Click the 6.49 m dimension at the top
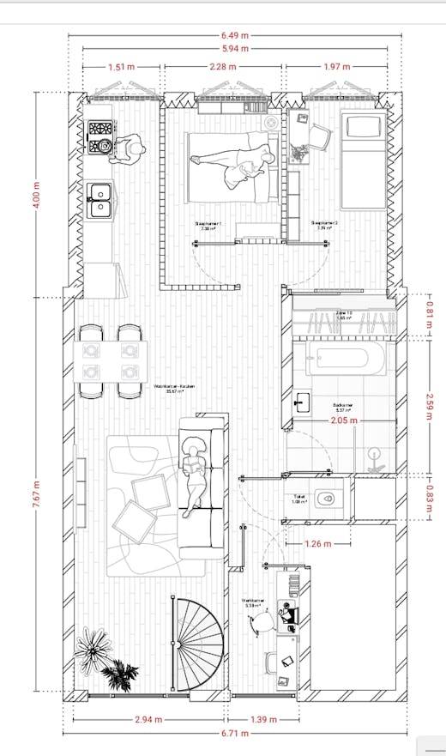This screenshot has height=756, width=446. (233, 35)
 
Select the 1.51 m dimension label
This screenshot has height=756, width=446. (121, 66)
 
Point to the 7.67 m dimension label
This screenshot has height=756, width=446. (36, 492)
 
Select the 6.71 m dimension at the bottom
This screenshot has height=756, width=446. (233, 735)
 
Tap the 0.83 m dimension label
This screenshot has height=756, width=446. (429, 498)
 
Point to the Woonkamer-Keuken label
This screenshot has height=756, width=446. (174, 387)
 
